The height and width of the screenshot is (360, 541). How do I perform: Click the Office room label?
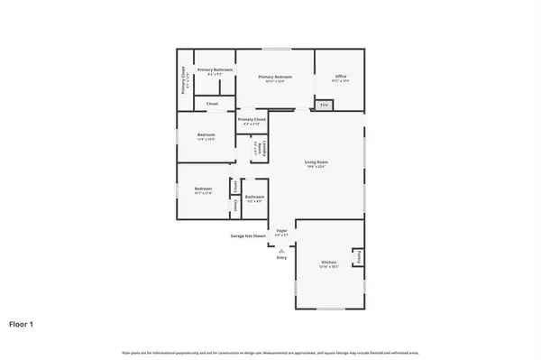340,77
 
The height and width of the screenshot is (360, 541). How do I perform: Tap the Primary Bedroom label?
274,78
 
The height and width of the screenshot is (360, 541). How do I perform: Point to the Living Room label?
315,163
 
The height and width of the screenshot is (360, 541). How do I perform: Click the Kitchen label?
328,264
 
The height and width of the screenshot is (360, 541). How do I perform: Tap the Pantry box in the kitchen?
356,258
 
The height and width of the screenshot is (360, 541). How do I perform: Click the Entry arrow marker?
281,250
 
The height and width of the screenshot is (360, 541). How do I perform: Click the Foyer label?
281,232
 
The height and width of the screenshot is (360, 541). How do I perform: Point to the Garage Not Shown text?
247,236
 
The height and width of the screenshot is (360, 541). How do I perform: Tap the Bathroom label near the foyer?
254,198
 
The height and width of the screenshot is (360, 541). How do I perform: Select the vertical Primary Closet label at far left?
184,78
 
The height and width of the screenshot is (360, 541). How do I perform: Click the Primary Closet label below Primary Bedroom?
252,121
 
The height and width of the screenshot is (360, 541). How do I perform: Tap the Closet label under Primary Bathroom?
212,104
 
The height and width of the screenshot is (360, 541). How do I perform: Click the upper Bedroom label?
206,136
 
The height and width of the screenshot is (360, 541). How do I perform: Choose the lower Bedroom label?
204,190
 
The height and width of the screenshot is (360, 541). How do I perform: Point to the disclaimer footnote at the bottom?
270,351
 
